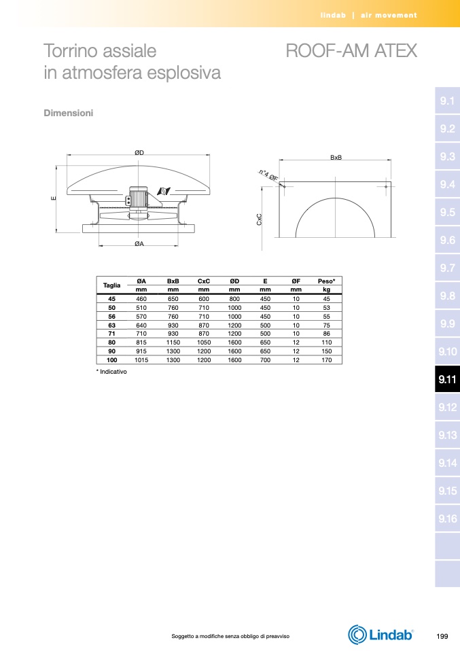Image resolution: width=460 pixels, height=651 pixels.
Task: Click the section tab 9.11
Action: (x=447, y=379)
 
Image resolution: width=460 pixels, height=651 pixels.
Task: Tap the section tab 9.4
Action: (x=447, y=184)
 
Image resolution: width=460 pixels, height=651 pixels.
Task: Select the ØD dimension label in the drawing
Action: (x=139, y=153)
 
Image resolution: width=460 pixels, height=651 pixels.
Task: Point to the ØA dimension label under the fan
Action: (x=139, y=244)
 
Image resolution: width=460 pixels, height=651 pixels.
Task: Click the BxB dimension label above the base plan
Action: (x=336, y=158)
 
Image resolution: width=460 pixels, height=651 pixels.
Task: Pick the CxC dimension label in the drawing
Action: (x=259, y=219)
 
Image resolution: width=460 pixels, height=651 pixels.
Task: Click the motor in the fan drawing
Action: (x=138, y=198)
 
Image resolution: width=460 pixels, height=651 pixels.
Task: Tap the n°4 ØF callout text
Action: (x=268, y=175)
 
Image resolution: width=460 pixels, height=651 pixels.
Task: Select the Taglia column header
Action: (x=111, y=285)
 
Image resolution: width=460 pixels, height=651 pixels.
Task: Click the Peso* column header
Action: (x=326, y=281)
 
